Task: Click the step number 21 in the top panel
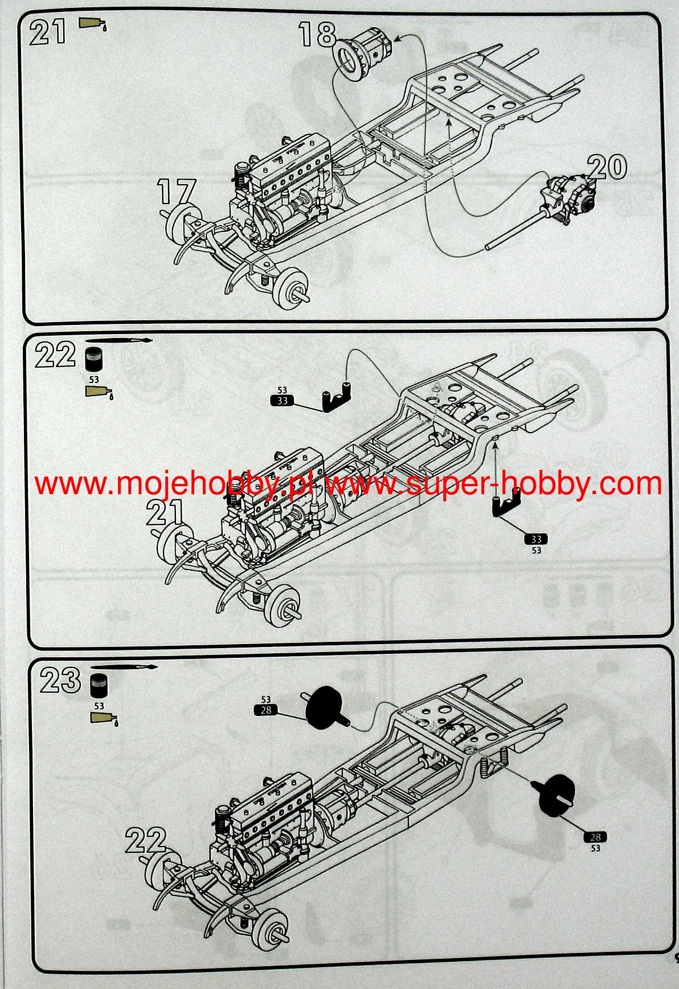(47, 32)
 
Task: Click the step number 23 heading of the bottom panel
(60, 680)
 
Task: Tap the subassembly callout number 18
(317, 35)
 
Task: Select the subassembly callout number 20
(607, 168)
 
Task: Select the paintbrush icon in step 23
(124, 666)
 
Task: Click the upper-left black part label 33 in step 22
(282, 401)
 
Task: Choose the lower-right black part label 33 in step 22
(536, 539)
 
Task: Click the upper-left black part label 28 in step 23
(266, 710)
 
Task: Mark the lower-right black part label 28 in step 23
(595, 837)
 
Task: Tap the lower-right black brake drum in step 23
(555, 796)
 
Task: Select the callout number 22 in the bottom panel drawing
(146, 841)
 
